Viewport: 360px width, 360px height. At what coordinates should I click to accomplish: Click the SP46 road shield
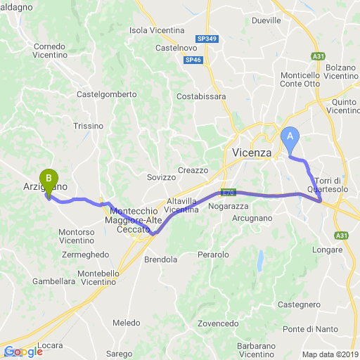click(x=193, y=61)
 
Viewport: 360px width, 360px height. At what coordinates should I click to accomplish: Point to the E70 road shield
click(x=227, y=192)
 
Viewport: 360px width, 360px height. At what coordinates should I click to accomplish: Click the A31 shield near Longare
click(x=342, y=235)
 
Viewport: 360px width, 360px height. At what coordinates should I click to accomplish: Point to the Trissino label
click(x=87, y=126)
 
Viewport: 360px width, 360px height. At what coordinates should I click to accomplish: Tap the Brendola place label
click(x=160, y=259)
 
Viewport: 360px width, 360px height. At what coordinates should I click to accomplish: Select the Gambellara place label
click(x=53, y=281)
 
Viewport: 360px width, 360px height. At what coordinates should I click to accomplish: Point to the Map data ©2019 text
click(x=330, y=354)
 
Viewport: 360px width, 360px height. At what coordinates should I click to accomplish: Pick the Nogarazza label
click(x=229, y=207)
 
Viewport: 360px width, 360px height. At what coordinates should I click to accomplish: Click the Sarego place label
click(x=120, y=354)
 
